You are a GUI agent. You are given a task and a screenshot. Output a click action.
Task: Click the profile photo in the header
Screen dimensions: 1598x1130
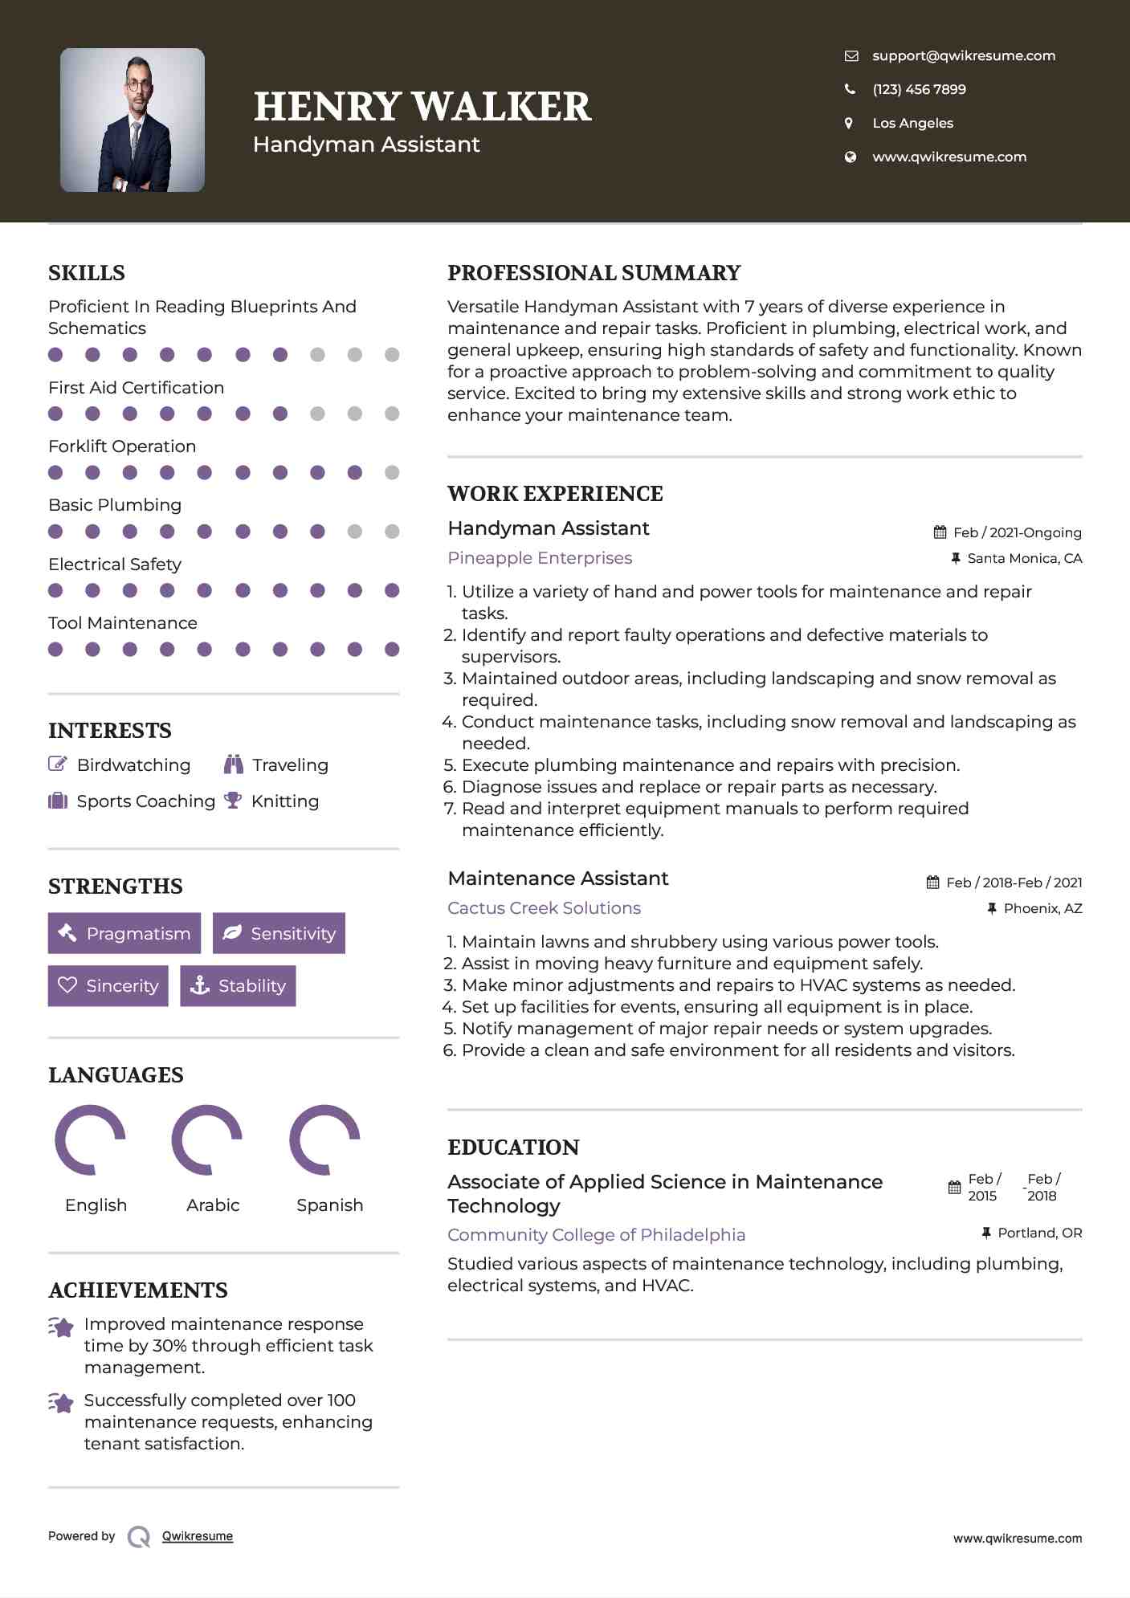click(x=133, y=120)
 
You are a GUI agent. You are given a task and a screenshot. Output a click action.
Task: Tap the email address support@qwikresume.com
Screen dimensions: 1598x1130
click(x=963, y=55)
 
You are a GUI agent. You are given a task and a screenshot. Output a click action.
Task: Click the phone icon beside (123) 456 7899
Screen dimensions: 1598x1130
click(x=850, y=89)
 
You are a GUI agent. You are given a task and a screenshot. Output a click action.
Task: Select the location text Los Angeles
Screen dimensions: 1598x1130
click(x=912, y=123)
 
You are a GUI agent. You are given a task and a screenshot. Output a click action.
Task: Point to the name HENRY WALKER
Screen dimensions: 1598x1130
click(x=422, y=107)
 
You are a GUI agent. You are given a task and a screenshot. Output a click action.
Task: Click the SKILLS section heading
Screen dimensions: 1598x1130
click(x=87, y=273)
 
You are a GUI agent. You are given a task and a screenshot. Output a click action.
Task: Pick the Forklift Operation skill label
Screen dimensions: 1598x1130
click(x=122, y=446)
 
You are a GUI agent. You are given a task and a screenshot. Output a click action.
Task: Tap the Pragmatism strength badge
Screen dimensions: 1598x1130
click(x=124, y=933)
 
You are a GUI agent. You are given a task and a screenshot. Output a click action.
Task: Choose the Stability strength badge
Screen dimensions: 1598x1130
click(x=238, y=985)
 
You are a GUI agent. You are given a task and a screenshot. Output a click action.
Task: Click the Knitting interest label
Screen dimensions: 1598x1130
click(x=285, y=801)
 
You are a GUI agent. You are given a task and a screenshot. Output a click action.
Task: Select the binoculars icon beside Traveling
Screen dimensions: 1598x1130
click(x=234, y=764)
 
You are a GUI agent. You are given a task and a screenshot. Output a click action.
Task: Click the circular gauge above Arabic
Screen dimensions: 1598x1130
click(x=207, y=1139)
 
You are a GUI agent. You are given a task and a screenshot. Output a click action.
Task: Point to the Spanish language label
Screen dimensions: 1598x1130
click(x=329, y=1205)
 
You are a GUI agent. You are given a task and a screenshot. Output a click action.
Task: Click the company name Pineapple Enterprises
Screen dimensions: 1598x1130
click(x=540, y=558)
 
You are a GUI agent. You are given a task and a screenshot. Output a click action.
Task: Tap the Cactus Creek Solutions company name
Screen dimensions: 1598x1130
click(x=544, y=908)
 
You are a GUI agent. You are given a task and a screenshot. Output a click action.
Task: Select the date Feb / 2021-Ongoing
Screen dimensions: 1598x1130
click(x=1017, y=532)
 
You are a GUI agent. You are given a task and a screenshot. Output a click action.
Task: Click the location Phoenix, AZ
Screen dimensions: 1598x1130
click(x=1042, y=908)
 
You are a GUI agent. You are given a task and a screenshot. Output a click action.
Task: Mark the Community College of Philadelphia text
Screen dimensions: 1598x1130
click(x=596, y=1235)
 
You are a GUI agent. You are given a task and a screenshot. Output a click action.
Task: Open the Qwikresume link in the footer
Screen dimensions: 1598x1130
click(x=198, y=1536)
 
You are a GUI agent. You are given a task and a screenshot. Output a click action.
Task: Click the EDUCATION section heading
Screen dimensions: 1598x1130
click(x=513, y=1148)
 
